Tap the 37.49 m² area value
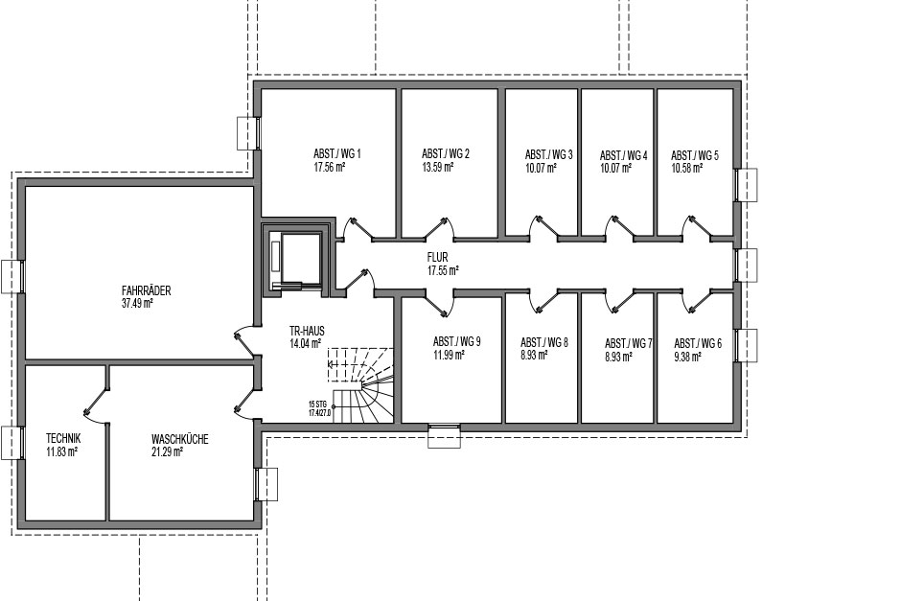137,303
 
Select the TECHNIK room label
63,438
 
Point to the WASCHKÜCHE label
180,440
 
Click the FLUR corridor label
437,258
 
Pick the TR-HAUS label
307,331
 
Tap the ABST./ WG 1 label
336,154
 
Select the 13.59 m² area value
438,167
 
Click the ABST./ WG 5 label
695,155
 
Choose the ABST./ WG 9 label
457,342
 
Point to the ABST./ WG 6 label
698,343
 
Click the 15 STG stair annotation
317,404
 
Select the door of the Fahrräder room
244,342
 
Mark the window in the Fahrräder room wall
12,276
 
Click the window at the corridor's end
746,265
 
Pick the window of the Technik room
12,443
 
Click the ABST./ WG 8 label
544,342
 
